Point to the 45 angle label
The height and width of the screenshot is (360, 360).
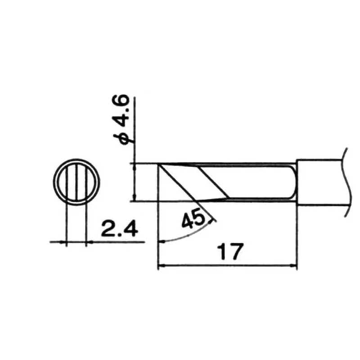[x=193, y=220]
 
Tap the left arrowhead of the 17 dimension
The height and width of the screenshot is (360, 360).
[x=161, y=266]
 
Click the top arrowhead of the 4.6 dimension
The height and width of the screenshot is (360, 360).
[x=135, y=166]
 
